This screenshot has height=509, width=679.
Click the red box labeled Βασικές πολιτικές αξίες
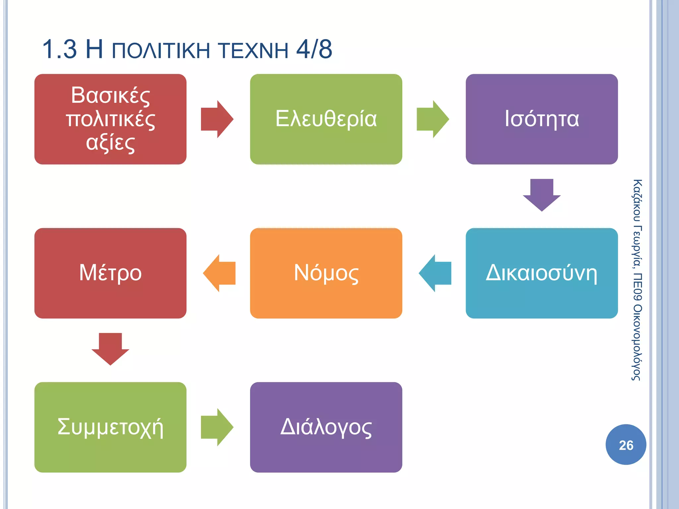point(110,119)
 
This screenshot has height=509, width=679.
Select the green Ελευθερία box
point(326,119)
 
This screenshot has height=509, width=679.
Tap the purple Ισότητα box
point(541,119)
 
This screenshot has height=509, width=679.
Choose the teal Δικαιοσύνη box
point(541,273)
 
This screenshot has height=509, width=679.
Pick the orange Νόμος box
point(326,273)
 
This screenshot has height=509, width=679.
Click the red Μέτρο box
point(110,273)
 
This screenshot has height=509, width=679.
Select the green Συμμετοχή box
point(110,427)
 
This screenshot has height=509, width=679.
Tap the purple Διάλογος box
point(326,427)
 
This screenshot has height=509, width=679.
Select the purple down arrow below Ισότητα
point(542,195)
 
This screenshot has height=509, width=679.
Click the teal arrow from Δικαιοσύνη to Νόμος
point(435,273)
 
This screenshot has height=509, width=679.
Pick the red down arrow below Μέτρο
point(110,349)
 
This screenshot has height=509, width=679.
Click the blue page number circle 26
point(626,445)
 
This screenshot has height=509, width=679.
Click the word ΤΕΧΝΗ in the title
point(254,50)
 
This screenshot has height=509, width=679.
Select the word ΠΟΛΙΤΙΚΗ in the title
point(161,50)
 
